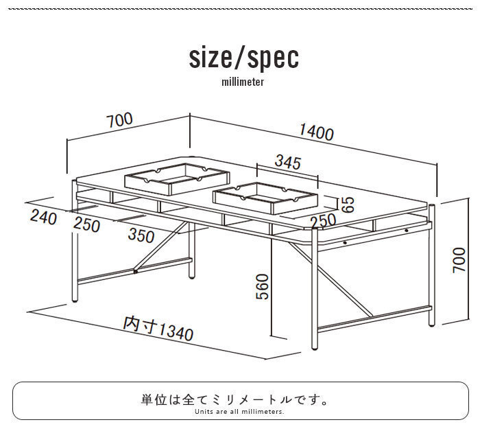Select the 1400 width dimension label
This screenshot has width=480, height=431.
click(316, 132)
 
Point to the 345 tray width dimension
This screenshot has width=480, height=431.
click(287, 162)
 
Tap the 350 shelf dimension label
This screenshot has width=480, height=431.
click(141, 235)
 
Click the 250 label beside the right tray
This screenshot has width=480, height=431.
click(322, 222)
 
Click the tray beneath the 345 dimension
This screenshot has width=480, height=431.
click(265, 196)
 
